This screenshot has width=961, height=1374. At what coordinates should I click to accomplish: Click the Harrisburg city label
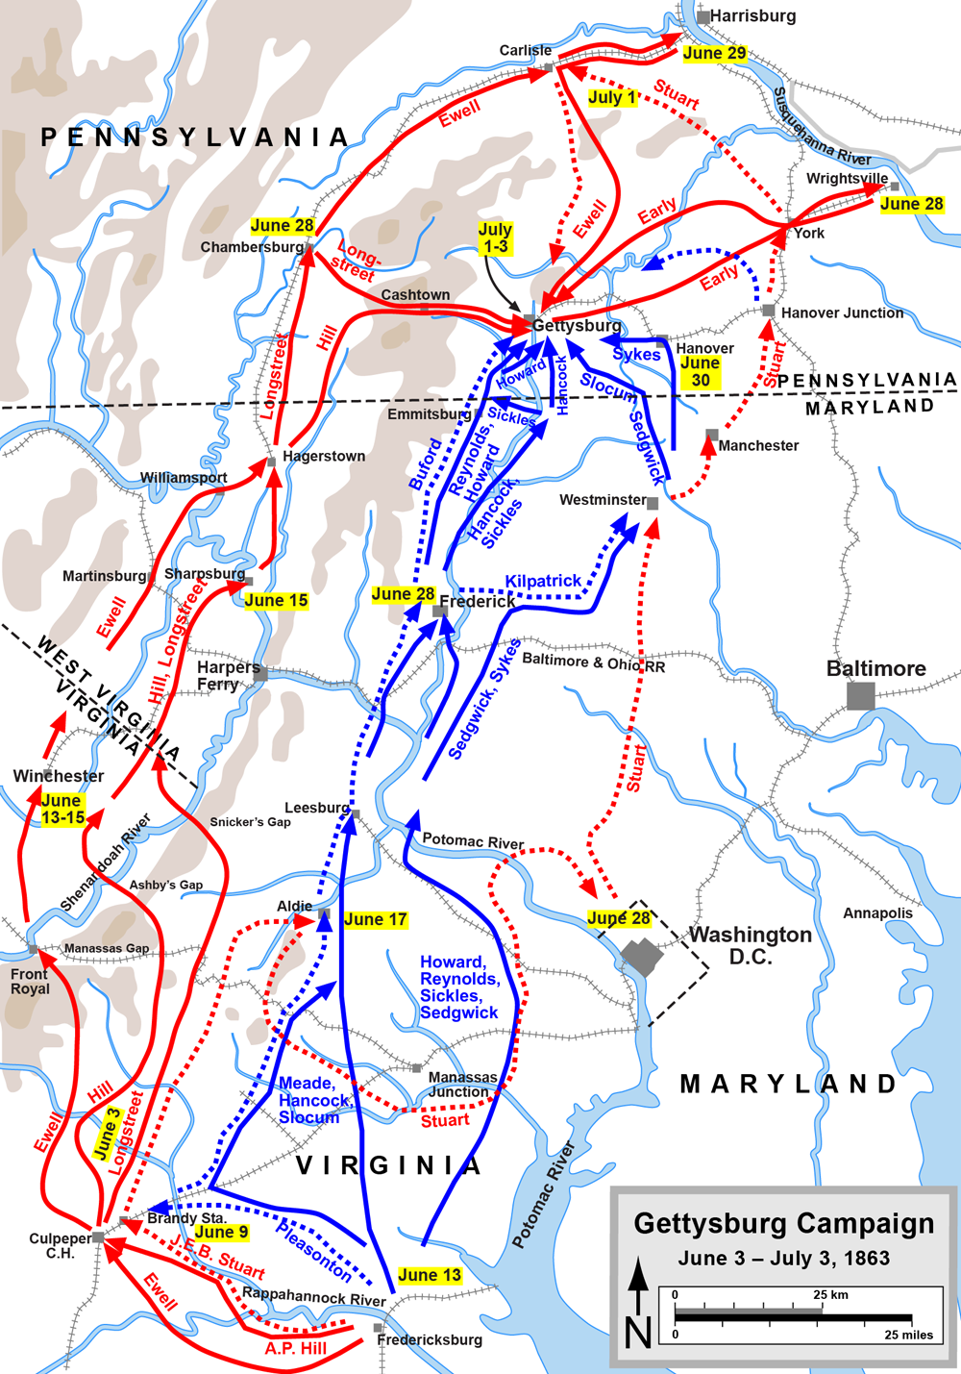[752, 16]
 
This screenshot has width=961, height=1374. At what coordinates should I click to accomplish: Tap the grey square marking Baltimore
[860, 696]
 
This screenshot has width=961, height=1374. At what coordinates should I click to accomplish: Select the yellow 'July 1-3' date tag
[495, 237]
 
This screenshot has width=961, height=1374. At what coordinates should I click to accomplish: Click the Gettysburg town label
[577, 326]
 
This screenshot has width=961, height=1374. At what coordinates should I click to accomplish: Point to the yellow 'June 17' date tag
[375, 919]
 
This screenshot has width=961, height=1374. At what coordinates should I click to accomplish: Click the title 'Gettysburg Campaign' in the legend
[783, 1224]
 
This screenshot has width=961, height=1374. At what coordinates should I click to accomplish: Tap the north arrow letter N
[638, 1333]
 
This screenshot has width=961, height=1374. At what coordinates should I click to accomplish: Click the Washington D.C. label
[751, 945]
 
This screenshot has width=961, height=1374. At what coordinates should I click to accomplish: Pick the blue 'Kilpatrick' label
[543, 581]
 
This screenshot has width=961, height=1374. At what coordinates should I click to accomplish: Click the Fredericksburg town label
[430, 1339]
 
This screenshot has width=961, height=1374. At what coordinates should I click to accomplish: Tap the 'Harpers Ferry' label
[228, 675]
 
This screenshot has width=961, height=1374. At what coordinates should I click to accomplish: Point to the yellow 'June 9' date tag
[221, 1232]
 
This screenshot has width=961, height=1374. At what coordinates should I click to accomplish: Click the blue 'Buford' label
[426, 464]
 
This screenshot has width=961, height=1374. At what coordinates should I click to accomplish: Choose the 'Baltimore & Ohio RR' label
[593, 662]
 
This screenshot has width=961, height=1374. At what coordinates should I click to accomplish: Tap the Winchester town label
[59, 776]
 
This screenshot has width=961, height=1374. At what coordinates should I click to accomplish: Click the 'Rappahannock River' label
[313, 1296]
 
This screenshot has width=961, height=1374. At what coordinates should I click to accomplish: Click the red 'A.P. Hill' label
[296, 1348]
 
